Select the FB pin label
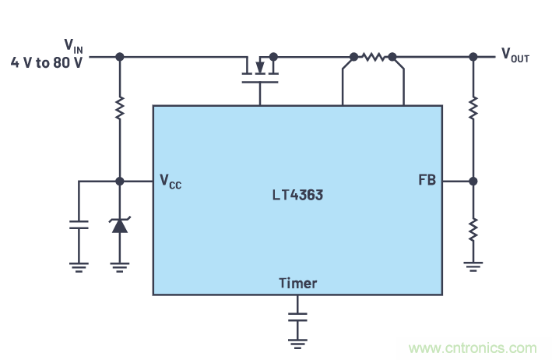[427, 181]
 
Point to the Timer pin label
[297, 283]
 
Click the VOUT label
[515, 55]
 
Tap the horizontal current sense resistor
[373, 57]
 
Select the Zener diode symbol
[119, 225]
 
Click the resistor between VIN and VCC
[119, 108]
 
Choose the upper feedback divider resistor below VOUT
[473, 108]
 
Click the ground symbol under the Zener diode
[119, 266]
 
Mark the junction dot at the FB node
[473, 181]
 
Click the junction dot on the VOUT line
[473, 57]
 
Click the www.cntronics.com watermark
[473, 348]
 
